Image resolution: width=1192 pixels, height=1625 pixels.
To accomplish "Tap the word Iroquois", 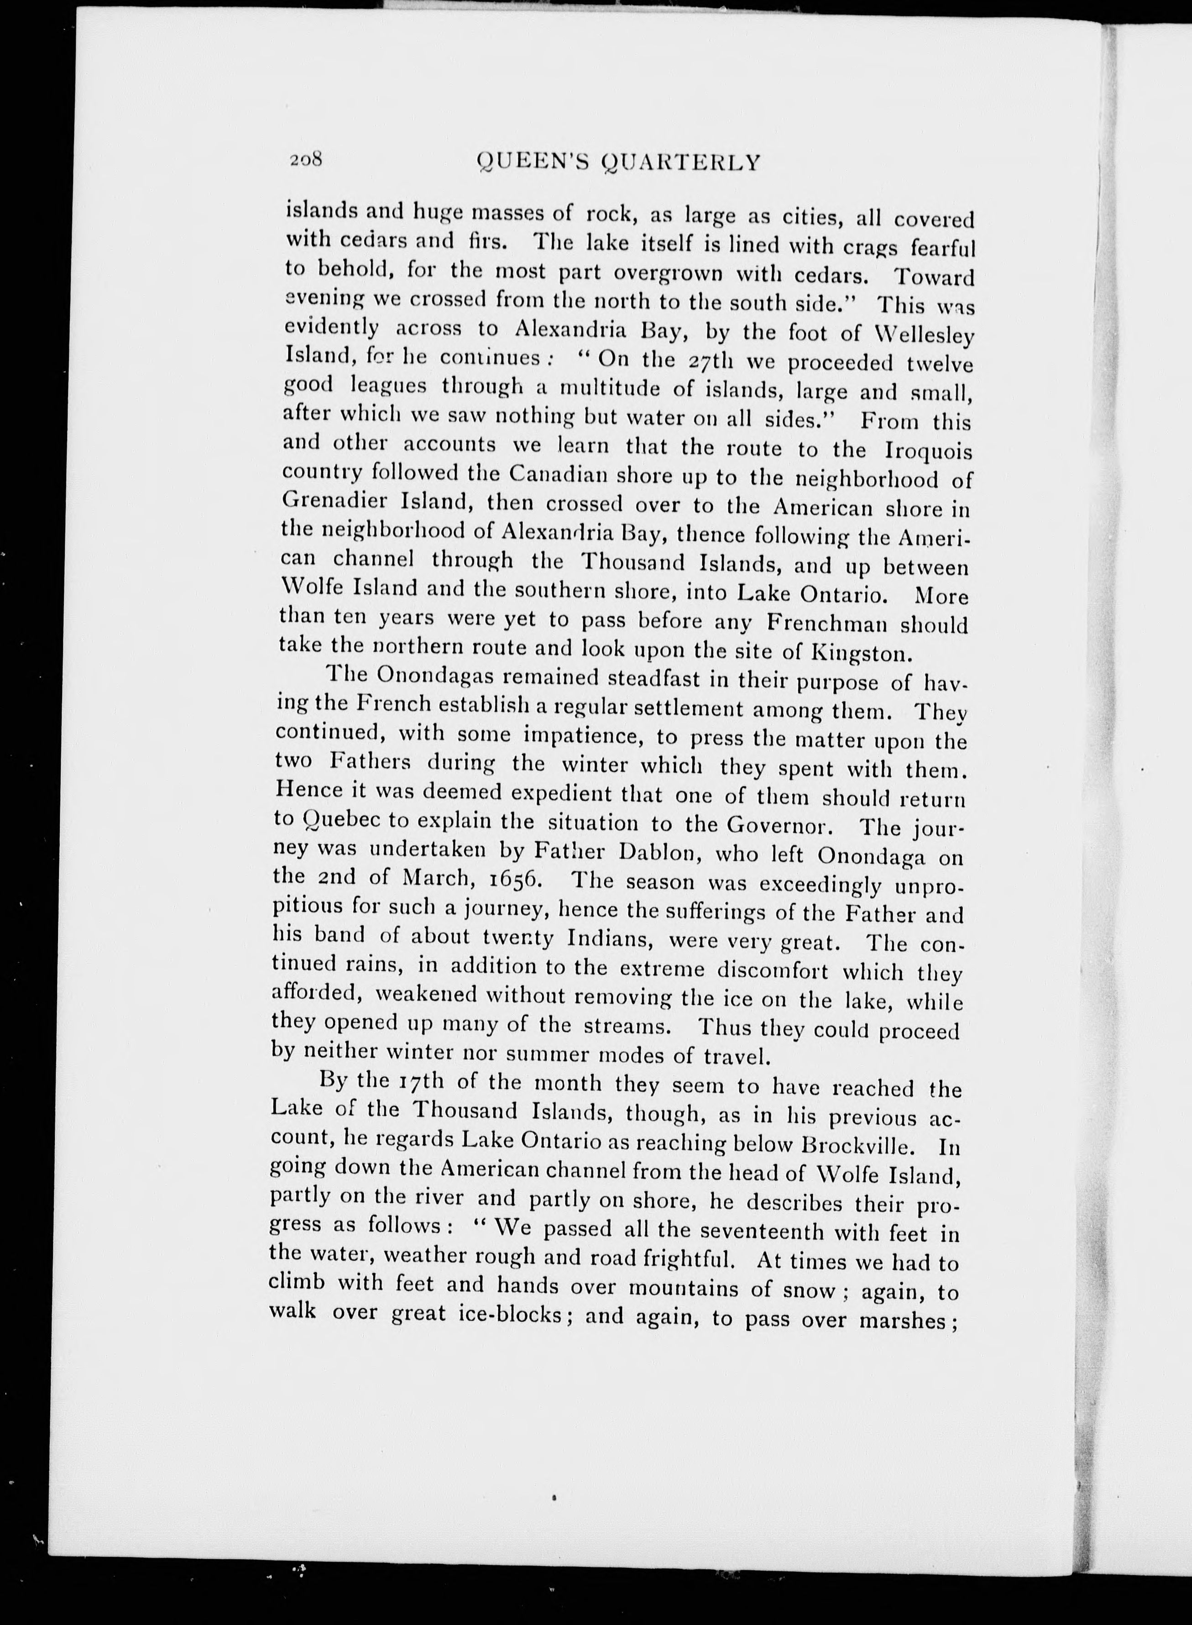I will click(x=928, y=452).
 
